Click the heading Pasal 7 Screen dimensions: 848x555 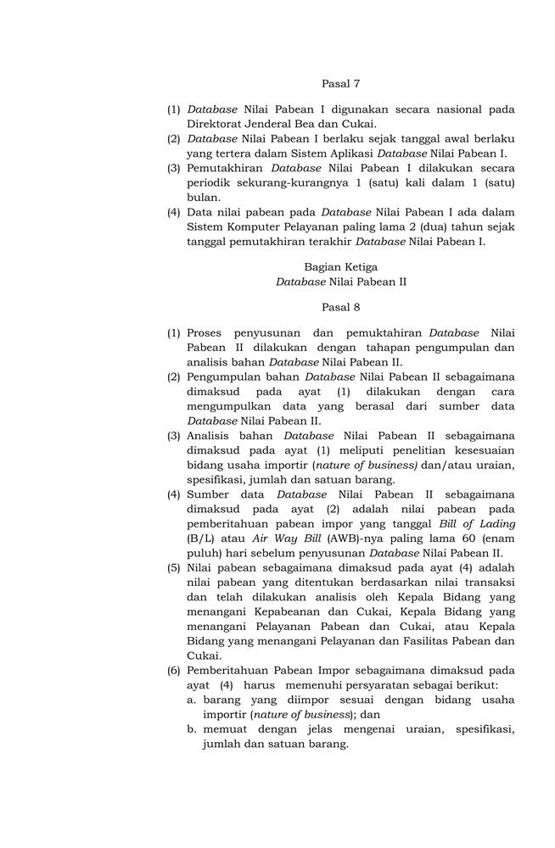(341, 83)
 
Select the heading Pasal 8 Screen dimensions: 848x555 (341, 306)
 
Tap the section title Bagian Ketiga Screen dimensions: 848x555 (341, 266)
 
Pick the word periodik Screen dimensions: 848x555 (209, 182)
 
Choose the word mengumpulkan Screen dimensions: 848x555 (229, 406)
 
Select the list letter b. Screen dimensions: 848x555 (193, 728)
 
